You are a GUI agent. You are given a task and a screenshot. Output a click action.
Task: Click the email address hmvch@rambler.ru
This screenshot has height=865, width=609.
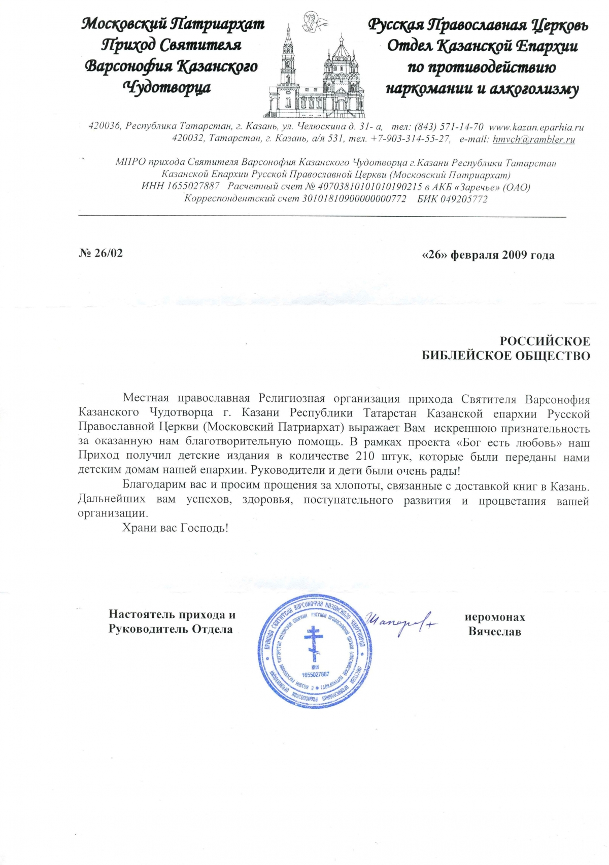point(533,139)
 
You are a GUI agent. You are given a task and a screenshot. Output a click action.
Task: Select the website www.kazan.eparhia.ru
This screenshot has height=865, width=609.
point(536,127)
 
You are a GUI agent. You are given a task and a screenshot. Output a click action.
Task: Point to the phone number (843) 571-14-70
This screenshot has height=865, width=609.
point(449,127)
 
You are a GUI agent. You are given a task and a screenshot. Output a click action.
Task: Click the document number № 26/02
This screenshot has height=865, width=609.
point(101,253)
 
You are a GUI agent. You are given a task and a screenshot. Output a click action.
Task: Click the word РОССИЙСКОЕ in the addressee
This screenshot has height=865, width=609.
point(545,341)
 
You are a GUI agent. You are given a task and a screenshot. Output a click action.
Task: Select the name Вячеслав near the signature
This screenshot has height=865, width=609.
point(494,632)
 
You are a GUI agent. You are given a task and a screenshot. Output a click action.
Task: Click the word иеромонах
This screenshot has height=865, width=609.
point(495,617)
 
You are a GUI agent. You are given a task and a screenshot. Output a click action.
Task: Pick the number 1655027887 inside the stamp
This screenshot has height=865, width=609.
point(315,675)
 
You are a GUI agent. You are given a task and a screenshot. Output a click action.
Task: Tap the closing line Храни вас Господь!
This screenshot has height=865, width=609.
point(175,528)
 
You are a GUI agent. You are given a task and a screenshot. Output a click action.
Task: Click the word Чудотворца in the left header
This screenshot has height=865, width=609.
point(167,88)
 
